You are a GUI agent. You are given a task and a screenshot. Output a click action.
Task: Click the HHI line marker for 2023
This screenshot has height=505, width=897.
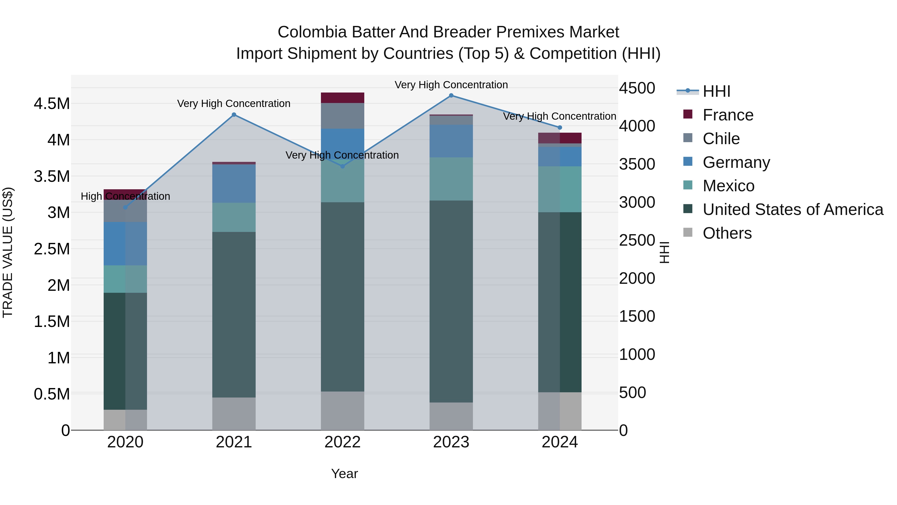coord(451,96)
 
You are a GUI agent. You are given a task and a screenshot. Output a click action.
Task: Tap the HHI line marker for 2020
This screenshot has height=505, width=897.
coord(125,208)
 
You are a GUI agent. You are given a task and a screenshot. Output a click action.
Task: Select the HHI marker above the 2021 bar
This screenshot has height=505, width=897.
coord(234,115)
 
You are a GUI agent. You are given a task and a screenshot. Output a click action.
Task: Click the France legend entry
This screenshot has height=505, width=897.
coord(728,115)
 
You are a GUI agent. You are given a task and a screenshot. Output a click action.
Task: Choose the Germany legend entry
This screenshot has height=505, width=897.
coord(736,162)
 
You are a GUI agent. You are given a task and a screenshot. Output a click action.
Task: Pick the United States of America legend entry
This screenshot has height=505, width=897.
coord(793,209)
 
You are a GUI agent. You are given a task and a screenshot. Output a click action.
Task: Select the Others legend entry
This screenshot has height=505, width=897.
coord(727,233)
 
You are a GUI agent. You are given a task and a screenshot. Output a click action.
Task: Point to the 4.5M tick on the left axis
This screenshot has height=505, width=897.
coord(52,104)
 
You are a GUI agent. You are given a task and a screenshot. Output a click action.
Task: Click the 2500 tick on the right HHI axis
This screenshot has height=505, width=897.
coord(637,240)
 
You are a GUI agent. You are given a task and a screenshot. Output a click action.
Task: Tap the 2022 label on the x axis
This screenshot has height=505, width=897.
coord(342,442)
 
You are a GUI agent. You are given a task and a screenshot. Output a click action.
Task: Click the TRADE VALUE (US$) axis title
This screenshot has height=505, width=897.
coord(8,252)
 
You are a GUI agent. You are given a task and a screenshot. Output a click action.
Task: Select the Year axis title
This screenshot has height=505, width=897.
coord(344,474)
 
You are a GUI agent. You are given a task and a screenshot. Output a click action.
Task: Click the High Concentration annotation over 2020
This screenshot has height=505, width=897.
coord(125,196)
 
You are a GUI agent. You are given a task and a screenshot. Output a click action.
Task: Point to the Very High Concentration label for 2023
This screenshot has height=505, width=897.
coord(451,85)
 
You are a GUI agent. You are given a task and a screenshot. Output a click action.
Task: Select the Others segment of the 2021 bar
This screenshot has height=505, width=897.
coord(234,414)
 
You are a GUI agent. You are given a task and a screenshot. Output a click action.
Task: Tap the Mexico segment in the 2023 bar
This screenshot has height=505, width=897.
coord(451,179)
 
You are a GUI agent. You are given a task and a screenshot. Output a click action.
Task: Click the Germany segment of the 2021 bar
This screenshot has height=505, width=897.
coord(234,184)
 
